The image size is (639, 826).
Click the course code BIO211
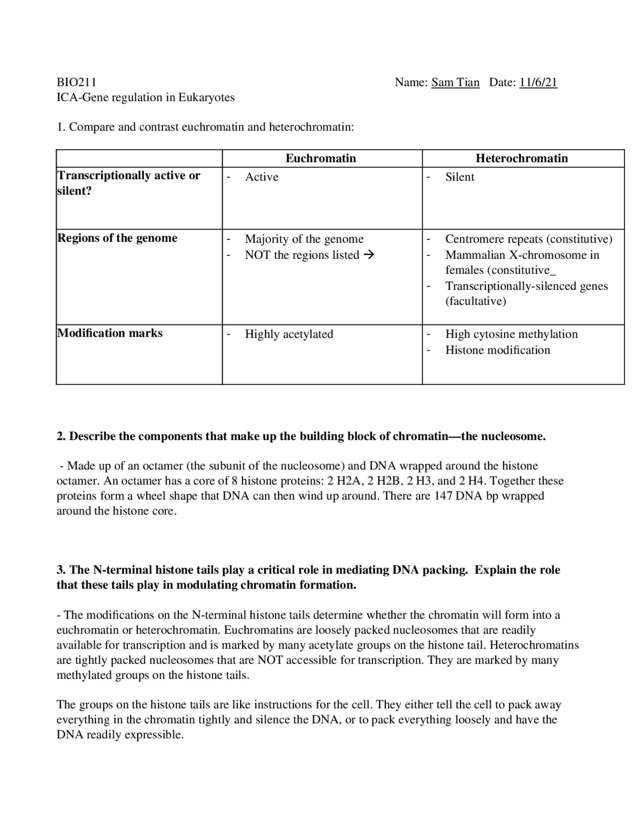(76, 82)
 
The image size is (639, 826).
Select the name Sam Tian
(455, 82)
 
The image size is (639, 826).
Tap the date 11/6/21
(538, 82)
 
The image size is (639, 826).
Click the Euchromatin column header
(320, 159)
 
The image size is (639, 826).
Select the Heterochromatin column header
(522, 159)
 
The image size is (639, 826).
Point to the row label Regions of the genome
(117, 238)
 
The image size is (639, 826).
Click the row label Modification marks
(110, 333)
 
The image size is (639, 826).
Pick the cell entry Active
(262, 177)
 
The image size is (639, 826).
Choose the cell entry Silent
(459, 177)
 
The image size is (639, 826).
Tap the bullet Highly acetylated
(289, 334)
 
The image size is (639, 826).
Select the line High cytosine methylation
(511, 334)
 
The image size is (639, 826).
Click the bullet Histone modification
(497, 350)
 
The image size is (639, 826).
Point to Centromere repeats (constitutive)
(528, 239)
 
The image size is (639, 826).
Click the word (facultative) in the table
(475, 301)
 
